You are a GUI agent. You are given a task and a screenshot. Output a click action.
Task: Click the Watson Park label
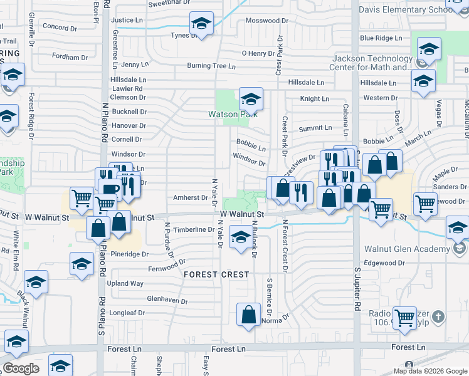232,114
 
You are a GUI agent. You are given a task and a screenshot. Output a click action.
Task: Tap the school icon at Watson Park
251,99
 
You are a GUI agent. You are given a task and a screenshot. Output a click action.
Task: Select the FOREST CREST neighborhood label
216,274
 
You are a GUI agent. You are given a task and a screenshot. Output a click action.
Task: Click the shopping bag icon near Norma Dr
249,313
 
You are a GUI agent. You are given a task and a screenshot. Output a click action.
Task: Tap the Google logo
21,368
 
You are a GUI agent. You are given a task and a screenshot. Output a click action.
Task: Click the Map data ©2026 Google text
431,371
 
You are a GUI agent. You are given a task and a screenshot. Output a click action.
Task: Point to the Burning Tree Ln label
211,66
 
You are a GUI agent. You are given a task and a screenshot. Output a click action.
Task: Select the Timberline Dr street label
194,230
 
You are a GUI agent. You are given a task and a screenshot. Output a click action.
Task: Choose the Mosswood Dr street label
266,21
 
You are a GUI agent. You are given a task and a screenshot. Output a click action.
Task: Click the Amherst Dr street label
190,197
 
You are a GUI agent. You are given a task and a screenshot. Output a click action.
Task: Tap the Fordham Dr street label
70,57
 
